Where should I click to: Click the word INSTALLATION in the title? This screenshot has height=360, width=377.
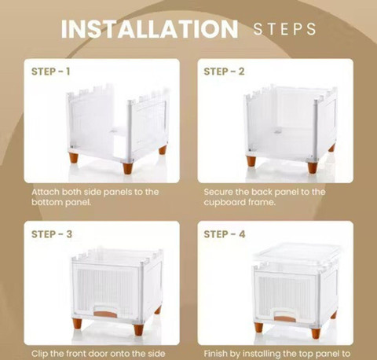pyautogui.click(x=149, y=28)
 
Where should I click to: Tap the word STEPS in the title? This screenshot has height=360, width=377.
pyautogui.click(x=284, y=29)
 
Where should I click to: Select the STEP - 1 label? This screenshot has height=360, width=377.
pyautogui.click(x=51, y=72)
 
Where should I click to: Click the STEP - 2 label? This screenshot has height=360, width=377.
pyautogui.click(x=224, y=72)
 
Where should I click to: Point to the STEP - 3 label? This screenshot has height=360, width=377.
pyautogui.click(x=52, y=234)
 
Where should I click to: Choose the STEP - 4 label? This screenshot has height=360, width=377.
pyautogui.click(x=225, y=234)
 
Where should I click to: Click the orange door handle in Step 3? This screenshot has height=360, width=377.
pyautogui.click(x=105, y=314)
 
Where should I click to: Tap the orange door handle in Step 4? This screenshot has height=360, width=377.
pyautogui.click(x=285, y=319)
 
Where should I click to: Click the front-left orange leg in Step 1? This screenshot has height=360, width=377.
pyautogui.click(x=74, y=158)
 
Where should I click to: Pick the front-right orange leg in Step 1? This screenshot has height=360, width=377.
pyautogui.click(x=128, y=169)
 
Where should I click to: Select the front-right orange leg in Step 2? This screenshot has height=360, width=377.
pyautogui.click(x=312, y=167)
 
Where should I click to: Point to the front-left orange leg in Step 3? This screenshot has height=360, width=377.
pyautogui.click(x=77, y=324)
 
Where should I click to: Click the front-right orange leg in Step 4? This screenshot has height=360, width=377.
pyautogui.click(x=316, y=333)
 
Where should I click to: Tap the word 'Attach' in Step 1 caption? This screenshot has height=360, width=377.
pyautogui.click(x=46, y=192)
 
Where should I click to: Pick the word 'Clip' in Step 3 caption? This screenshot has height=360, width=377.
pyautogui.click(x=39, y=354)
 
